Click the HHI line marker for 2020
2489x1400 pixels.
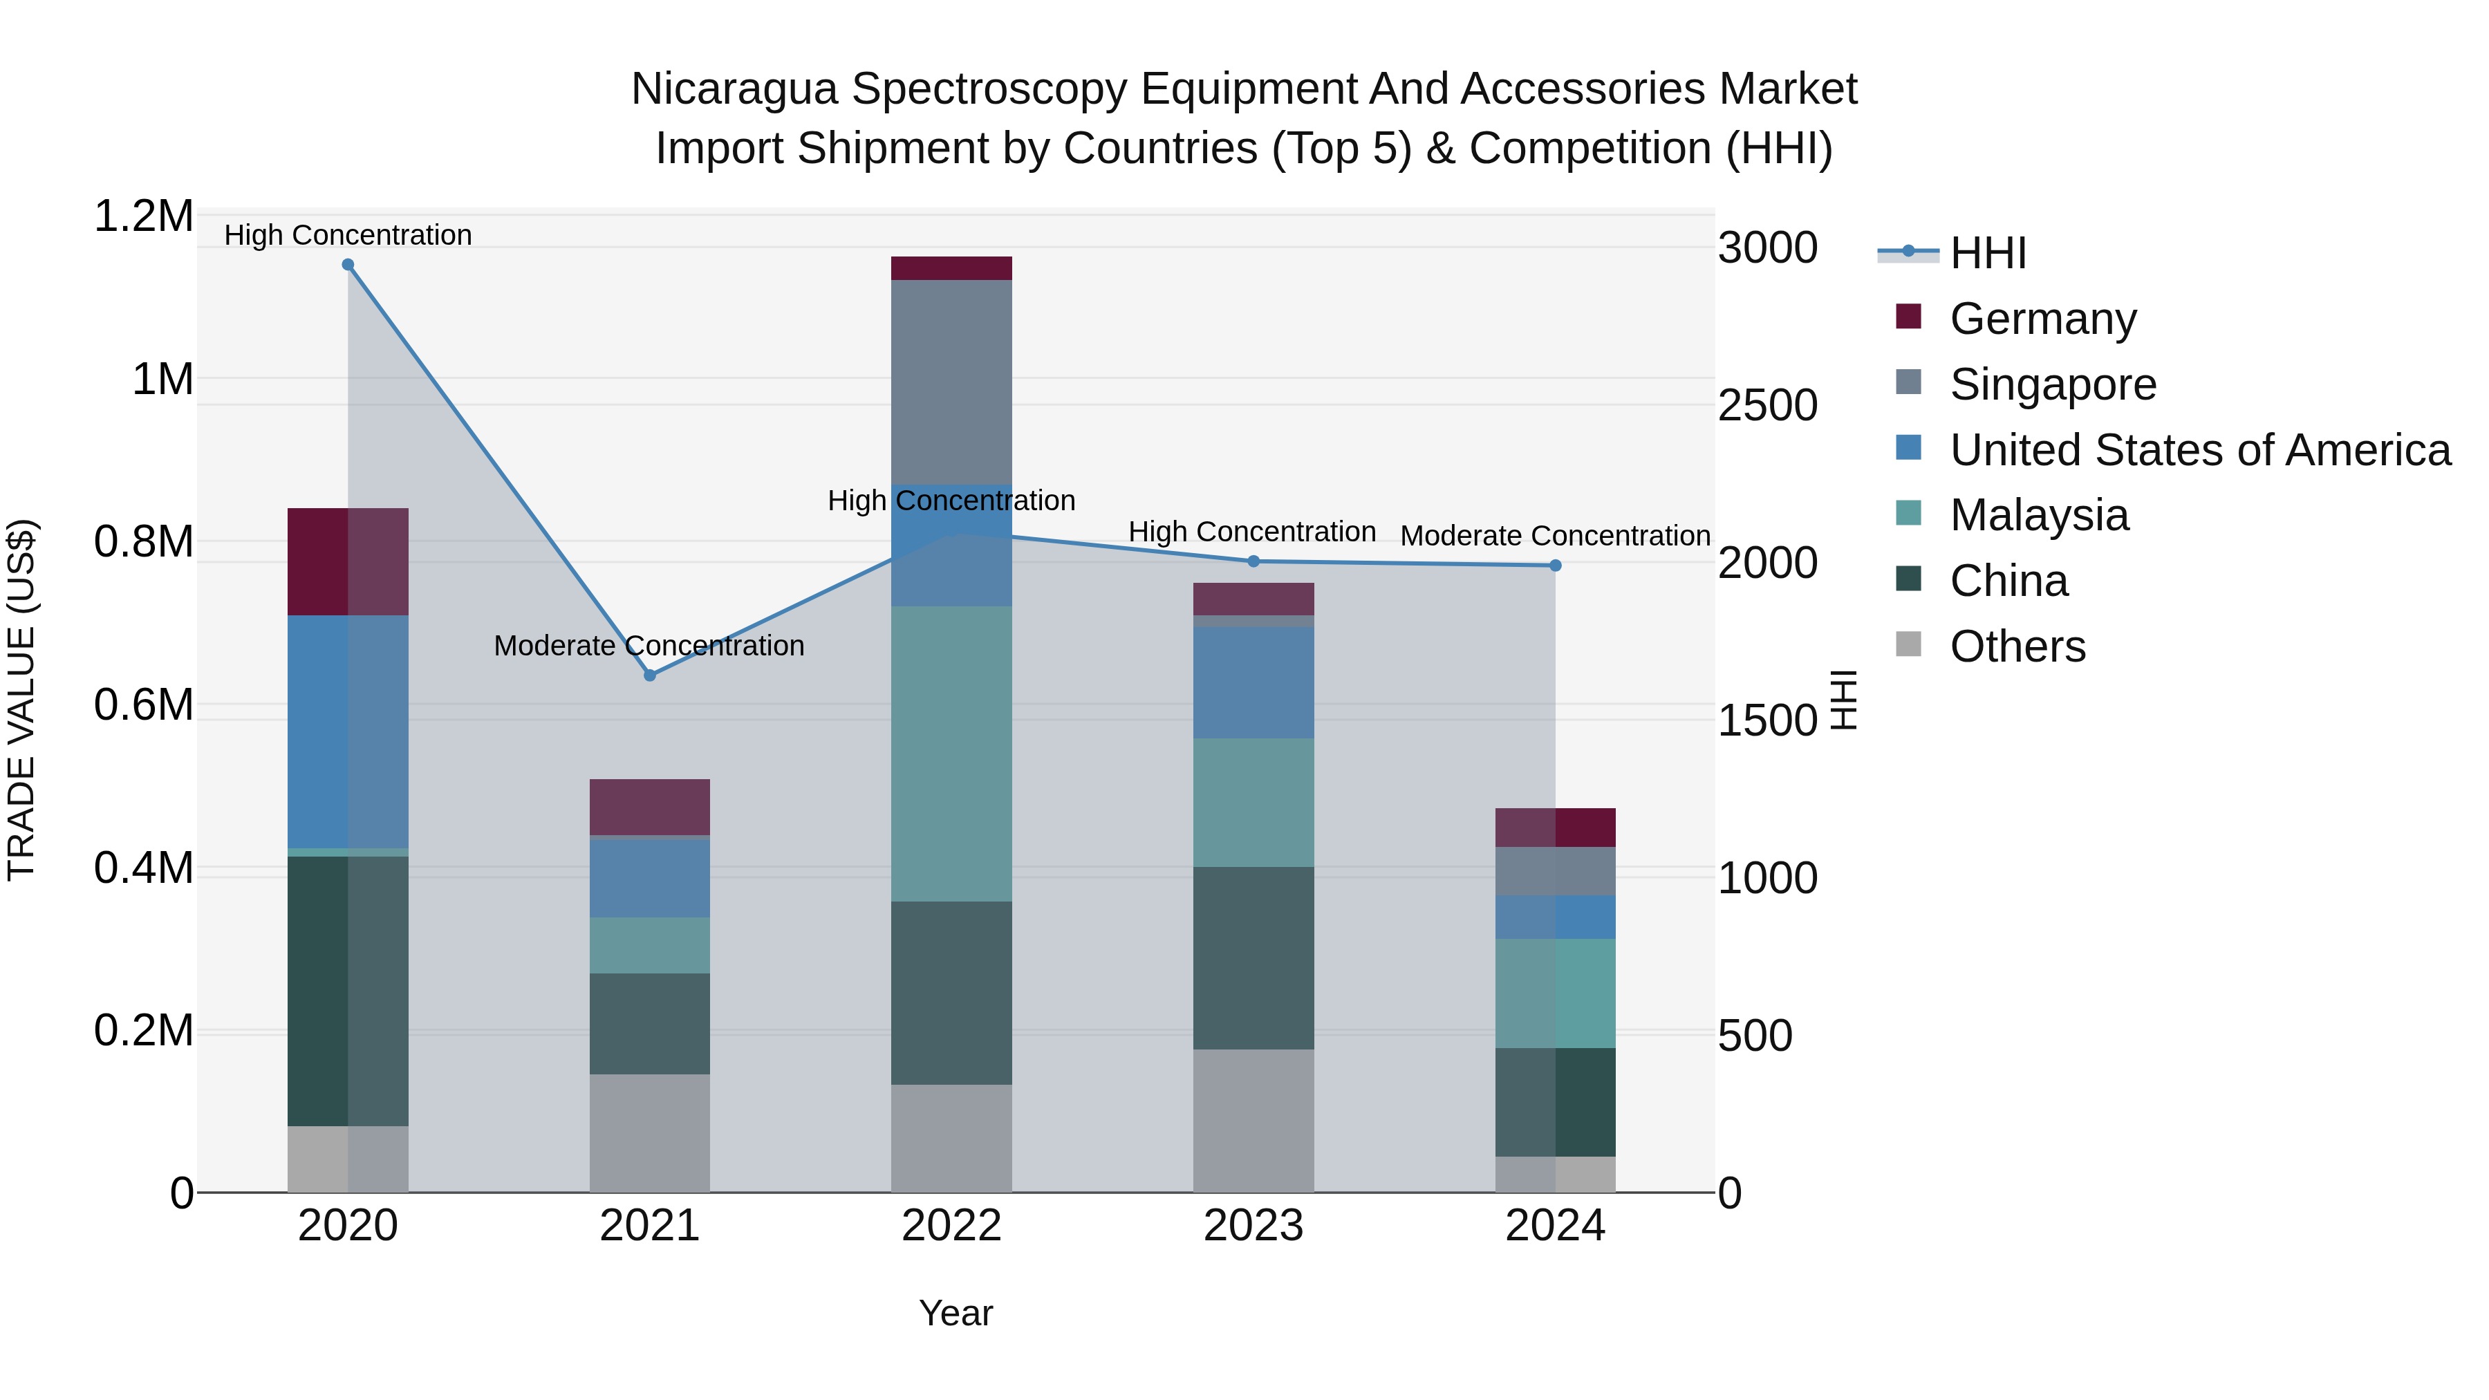click(348, 265)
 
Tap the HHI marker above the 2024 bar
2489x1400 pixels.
click(1555, 566)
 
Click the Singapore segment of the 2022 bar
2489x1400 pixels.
click(951, 382)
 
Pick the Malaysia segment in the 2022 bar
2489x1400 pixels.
click(951, 754)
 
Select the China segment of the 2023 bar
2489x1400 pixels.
click(1253, 958)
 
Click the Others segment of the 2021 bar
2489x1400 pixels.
click(649, 1132)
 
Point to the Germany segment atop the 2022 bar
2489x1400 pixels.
click(951, 268)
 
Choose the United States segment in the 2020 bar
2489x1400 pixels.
click(348, 731)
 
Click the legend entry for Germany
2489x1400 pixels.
click(2042, 319)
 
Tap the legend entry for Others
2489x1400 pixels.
click(2017, 646)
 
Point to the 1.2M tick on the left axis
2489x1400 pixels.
click(143, 216)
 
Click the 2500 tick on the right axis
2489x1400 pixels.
click(1767, 405)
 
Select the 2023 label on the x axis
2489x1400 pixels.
click(1253, 1226)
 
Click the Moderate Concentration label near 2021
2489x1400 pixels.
click(649, 646)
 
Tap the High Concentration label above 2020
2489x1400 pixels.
click(348, 235)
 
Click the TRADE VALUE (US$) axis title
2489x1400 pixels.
click(21, 700)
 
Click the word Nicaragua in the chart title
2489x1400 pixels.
click(734, 89)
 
